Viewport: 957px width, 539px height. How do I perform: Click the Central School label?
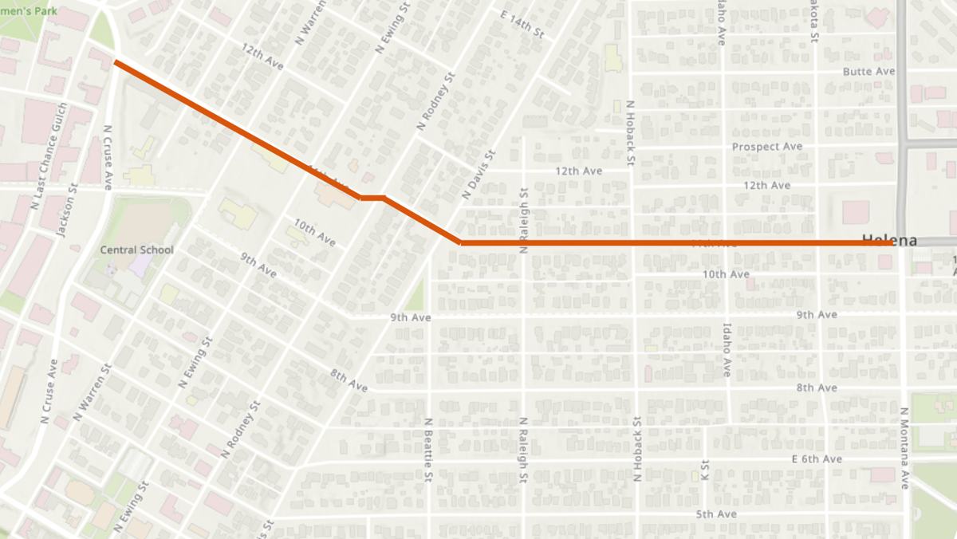(136, 250)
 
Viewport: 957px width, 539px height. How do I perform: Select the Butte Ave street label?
(869, 71)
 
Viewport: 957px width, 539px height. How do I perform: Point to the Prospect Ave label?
(767, 147)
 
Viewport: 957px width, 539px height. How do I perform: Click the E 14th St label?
(522, 25)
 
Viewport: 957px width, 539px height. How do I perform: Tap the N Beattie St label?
(428, 450)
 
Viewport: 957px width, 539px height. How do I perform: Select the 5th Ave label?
(715, 514)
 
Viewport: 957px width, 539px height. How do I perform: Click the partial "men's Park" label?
(26, 10)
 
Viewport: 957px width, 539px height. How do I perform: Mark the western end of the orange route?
(116, 61)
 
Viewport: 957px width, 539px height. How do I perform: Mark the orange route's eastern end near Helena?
(891, 242)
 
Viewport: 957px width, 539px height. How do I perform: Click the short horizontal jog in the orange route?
(372, 197)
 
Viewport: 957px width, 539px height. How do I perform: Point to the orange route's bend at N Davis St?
(461, 242)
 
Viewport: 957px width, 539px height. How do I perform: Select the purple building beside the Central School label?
(137, 266)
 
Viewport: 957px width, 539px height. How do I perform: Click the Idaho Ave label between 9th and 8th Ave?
(727, 348)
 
